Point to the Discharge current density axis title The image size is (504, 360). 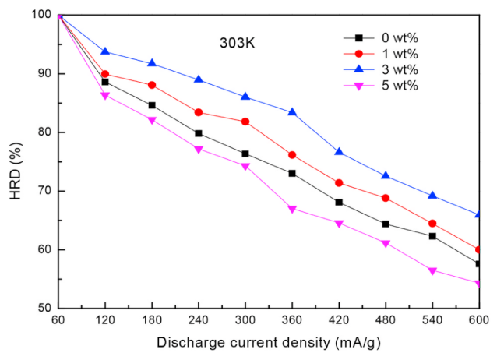(x=270, y=342)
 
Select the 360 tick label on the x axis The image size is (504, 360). (x=292, y=320)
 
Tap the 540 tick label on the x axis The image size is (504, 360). (x=432, y=320)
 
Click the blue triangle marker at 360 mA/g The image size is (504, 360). (x=292, y=112)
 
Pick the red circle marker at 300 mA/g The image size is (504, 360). (x=245, y=122)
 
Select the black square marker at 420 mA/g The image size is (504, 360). (x=339, y=202)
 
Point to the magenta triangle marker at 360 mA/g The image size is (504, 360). (x=292, y=209)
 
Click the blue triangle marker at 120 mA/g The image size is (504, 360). (x=105, y=51)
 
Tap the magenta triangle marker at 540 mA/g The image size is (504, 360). (x=432, y=271)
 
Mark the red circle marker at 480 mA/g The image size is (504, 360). (x=386, y=198)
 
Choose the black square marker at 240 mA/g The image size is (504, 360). (x=199, y=133)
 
